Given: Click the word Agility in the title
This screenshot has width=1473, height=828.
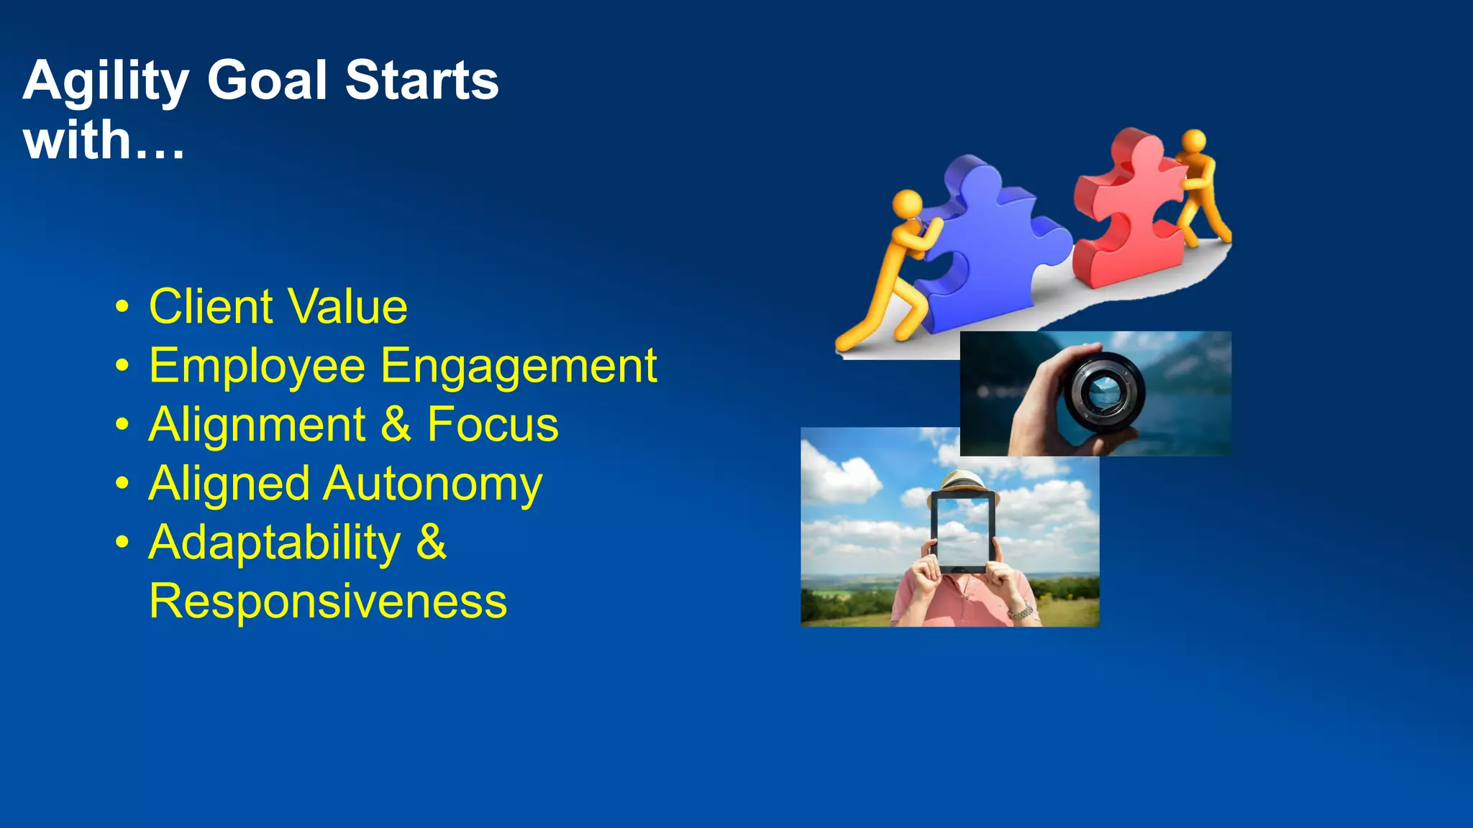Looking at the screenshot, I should (x=106, y=80).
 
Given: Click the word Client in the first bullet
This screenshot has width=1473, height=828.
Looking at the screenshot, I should (x=211, y=307).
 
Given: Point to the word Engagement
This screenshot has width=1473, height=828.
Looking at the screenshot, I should (x=518, y=367).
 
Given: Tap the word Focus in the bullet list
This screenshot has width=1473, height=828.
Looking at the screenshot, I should (x=493, y=425).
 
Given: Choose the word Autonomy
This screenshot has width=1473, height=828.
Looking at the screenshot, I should (x=432, y=484).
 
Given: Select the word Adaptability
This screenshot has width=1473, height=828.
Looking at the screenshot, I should (x=275, y=543).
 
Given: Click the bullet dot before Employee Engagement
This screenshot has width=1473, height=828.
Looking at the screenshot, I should (x=122, y=366).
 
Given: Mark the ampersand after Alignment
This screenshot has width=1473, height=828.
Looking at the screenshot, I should (x=396, y=424).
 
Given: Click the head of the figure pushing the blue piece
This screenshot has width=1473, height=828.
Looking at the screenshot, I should (x=907, y=203).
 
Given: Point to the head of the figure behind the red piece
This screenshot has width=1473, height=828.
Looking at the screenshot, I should (x=1194, y=139).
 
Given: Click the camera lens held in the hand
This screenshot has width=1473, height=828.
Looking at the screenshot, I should (x=1103, y=392).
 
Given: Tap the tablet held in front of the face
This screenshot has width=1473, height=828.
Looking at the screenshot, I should (x=962, y=532).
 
